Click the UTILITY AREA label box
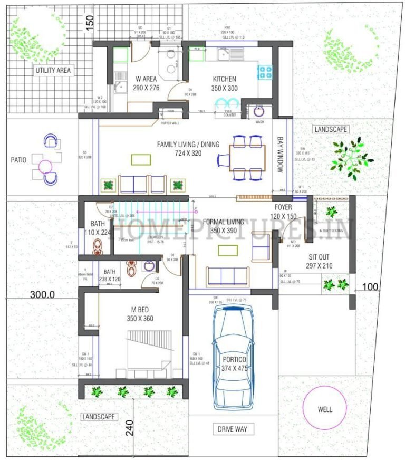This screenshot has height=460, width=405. coord(54,70)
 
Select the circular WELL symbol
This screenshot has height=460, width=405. coord(324,408)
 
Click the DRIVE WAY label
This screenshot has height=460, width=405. coord(233,429)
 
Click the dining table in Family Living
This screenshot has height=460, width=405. coord(247,157)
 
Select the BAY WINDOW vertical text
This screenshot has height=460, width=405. coord(280,155)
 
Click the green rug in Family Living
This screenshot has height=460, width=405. coord(140,159)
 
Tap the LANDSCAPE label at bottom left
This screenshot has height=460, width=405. coord(99,416)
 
